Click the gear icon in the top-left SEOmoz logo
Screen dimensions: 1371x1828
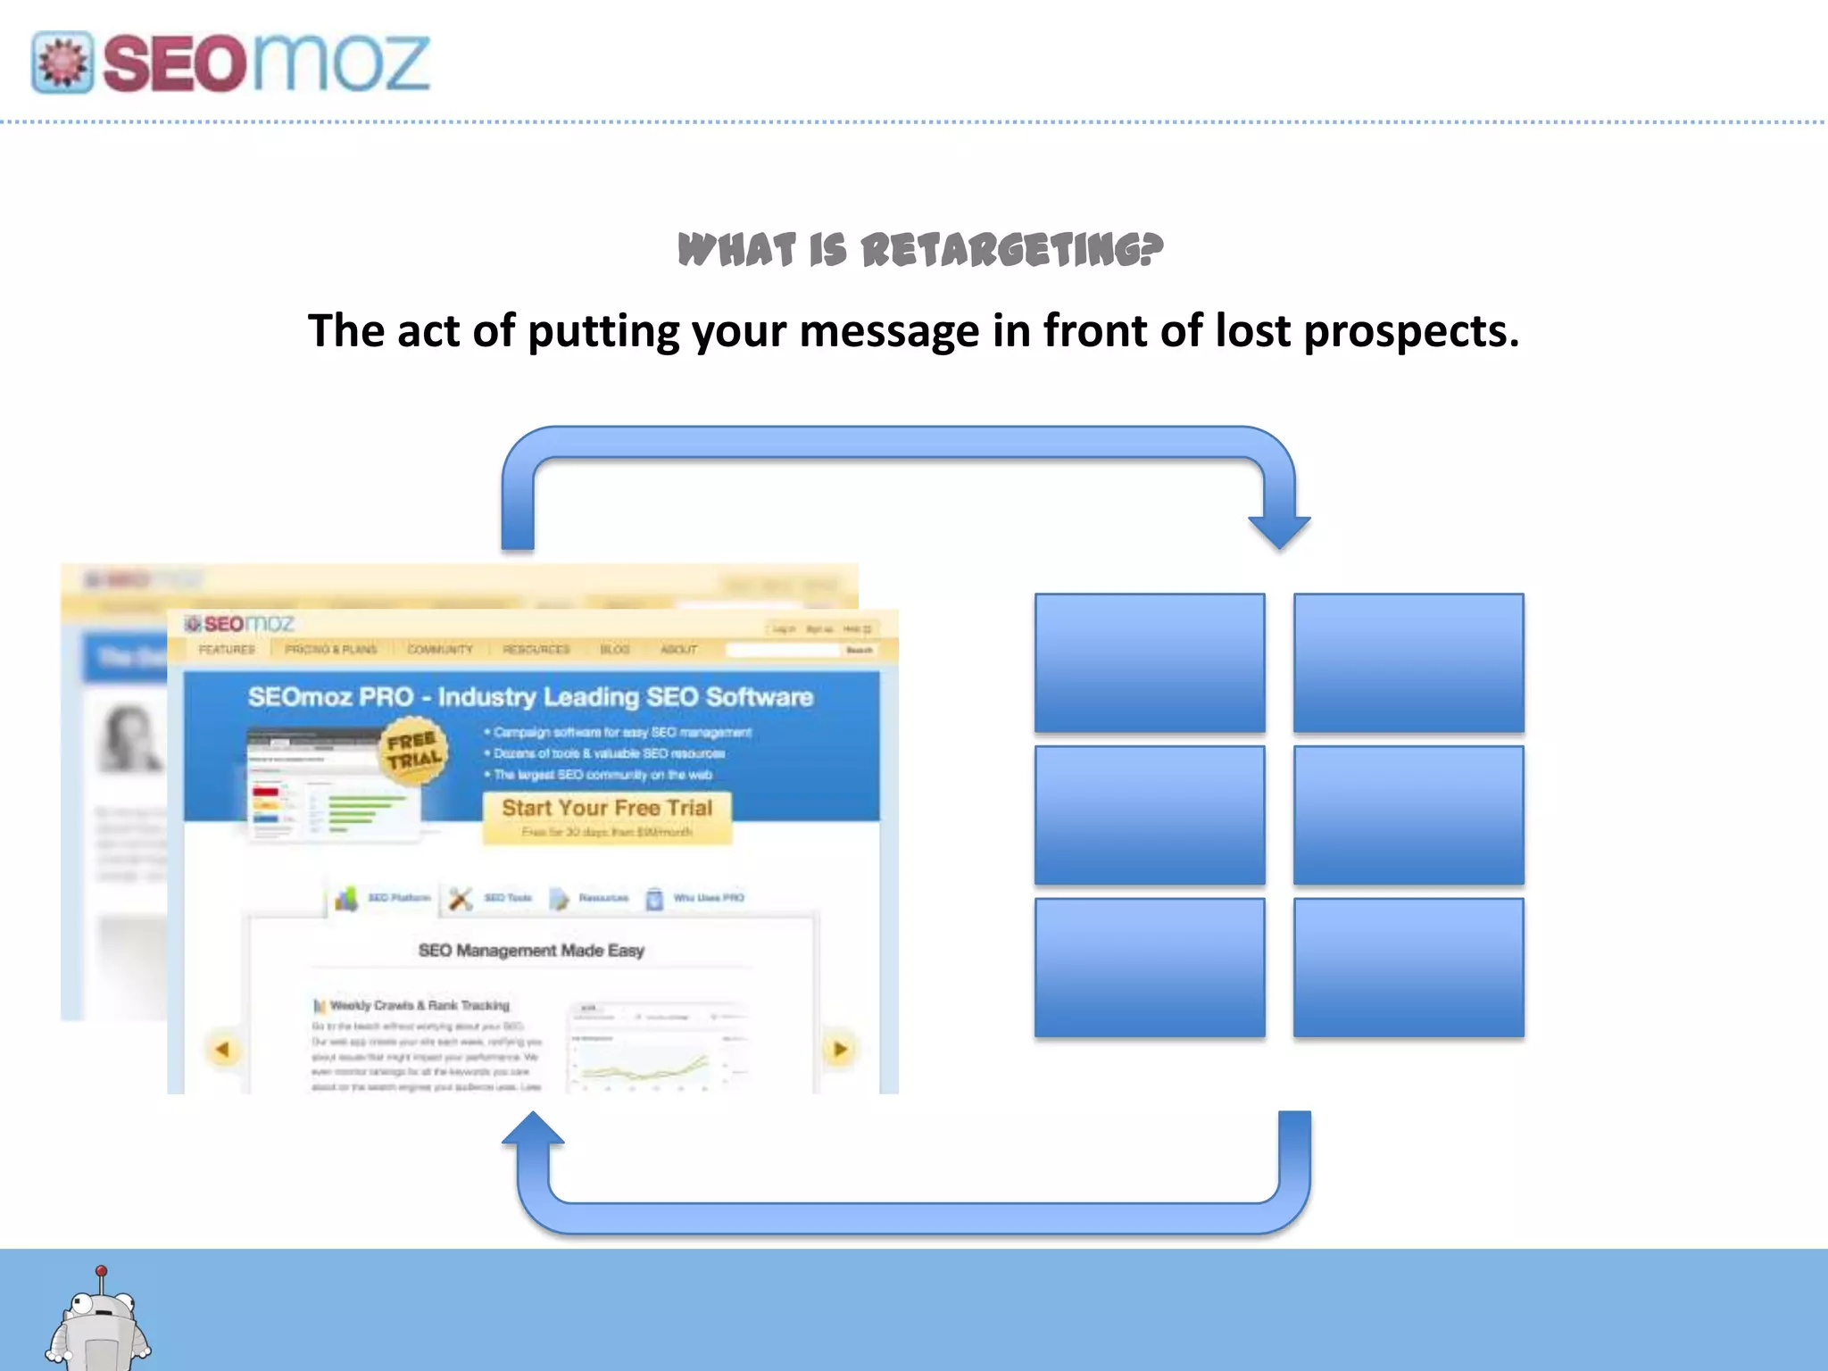coord(62,62)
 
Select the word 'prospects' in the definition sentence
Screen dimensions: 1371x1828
coord(1411,332)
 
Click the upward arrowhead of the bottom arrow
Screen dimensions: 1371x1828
coord(533,1129)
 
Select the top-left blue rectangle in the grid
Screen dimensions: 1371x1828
coord(1150,662)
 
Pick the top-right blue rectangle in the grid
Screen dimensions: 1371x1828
coord(1408,662)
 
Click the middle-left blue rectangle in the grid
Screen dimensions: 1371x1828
coord(1150,815)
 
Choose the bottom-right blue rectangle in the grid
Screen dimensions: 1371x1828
coord(1408,968)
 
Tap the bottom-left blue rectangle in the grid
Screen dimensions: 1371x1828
coord(1150,968)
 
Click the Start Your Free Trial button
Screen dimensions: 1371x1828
coord(607,817)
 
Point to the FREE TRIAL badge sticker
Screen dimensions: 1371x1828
coord(413,751)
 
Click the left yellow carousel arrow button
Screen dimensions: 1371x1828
coord(222,1050)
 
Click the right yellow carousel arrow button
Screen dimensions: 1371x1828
coord(839,1050)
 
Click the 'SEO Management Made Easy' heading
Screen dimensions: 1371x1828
coord(531,951)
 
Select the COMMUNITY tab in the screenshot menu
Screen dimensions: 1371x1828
coord(440,649)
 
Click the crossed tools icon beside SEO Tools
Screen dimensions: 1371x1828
coord(461,898)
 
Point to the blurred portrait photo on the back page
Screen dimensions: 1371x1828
coord(129,737)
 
